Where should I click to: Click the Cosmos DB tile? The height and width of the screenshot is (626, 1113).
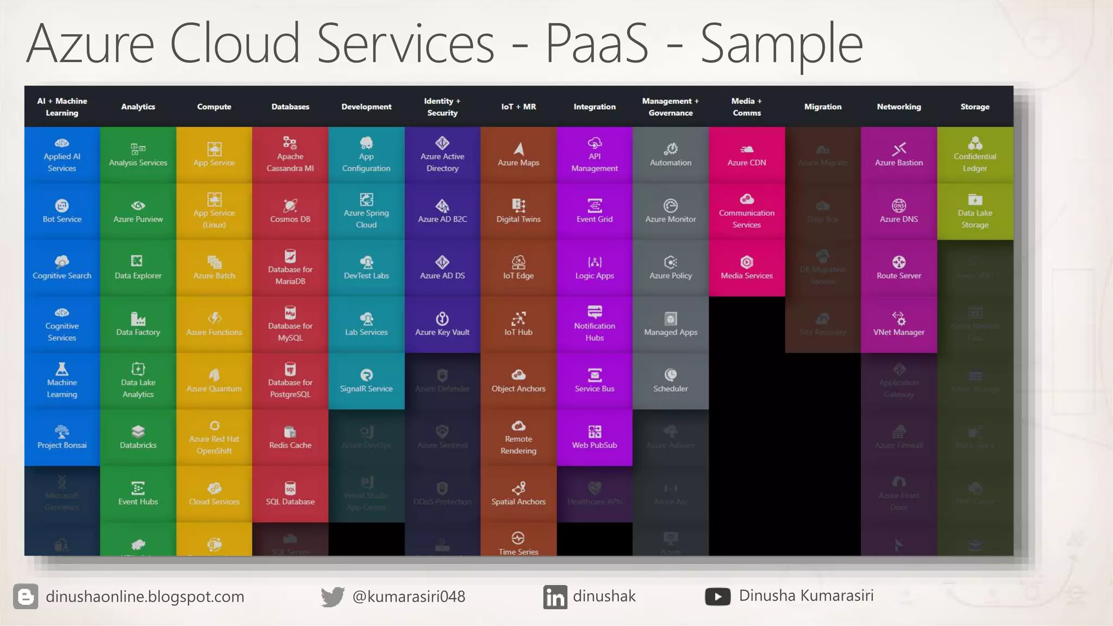(x=290, y=211)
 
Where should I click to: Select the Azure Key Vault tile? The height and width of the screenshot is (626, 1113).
(x=442, y=324)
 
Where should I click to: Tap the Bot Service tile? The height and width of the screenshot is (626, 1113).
(x=62, y=211)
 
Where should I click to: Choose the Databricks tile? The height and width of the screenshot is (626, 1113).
(x=138, y=437)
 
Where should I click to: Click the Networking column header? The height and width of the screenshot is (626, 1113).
(x=899, y=107)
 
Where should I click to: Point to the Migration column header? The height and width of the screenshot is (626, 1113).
(x=823, y=107)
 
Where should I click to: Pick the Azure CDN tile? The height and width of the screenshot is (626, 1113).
(x=747, y=155)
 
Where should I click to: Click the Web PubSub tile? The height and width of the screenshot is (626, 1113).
(x=595, y=437)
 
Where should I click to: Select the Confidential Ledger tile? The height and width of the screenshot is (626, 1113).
(x=975, y=155)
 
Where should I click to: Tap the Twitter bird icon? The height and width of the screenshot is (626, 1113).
(x=332, y=597)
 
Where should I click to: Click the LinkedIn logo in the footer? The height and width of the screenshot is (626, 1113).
(x=555, y=597)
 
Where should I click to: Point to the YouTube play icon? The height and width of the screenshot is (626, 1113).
(x=717, y=597)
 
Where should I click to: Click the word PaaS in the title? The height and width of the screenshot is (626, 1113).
(x=597, y=43)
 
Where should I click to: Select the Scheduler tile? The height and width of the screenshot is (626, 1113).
(x=671, y=381)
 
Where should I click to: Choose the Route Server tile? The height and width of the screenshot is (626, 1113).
(x=899, y=268)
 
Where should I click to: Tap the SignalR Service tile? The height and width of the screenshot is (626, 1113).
(x=366, y=381)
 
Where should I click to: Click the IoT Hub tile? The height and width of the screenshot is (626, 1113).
(x=518, y=324)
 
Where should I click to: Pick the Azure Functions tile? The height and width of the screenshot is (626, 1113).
(x=214, y=324)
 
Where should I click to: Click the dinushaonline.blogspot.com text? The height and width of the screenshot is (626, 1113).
(x=145, y=597)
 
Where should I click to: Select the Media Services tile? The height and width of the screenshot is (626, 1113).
(x=747, y=268)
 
